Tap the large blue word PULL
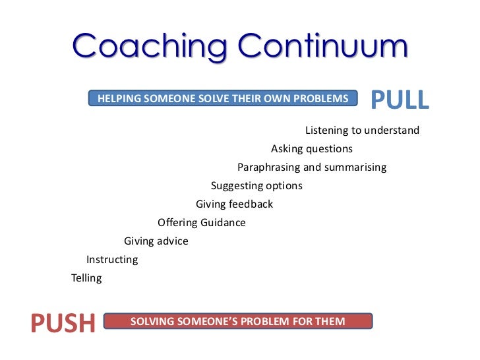(x=399, y=99)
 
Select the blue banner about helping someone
(x=223, y=99)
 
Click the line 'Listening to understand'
(x=362, y=131)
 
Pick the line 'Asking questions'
(x=312, y=149)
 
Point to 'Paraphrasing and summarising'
(x=312, y=167)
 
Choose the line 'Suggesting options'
(x=256, y=186)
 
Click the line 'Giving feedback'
(x=234, y=204)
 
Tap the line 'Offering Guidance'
(x=202, y=223)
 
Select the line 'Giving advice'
(x=156, y=241)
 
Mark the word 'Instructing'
(x=112, y=260)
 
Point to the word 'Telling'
(x=86, y=278)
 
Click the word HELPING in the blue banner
(x=119, y=99)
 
